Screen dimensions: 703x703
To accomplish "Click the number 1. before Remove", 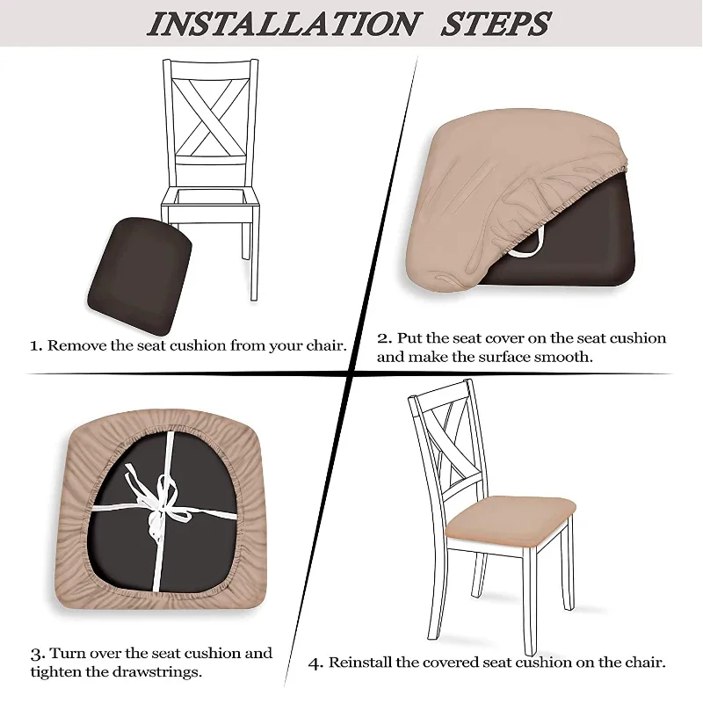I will [36, 345].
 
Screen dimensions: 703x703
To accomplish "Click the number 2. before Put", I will [384, 338].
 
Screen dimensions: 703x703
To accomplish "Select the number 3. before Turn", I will [38, 655].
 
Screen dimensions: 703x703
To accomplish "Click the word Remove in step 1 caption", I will [76, 345].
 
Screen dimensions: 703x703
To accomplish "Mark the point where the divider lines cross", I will [352, 374].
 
